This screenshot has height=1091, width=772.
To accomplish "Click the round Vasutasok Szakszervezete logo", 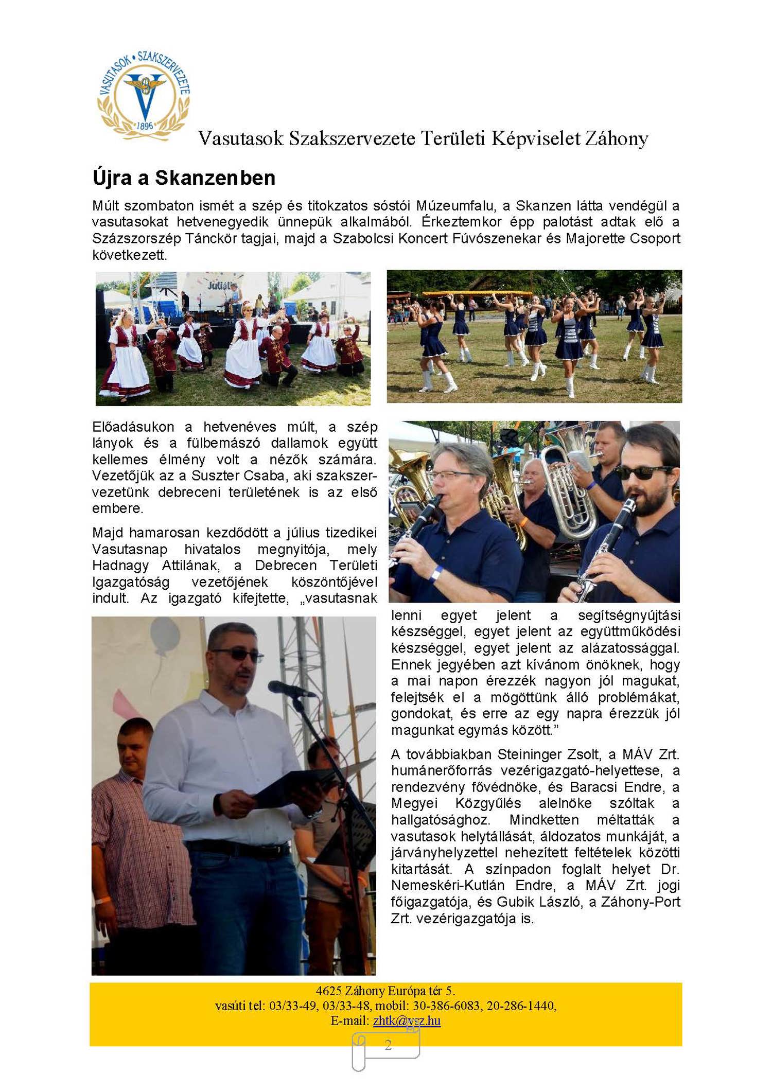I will tap(144, 95).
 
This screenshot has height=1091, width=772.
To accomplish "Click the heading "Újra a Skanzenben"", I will tap(184, 178).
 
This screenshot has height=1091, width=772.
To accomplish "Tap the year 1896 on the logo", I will tap(145, 126).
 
